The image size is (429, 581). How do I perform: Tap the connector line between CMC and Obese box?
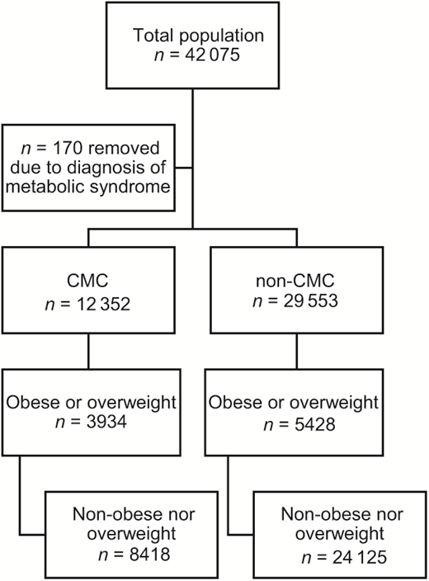(x=87, y=356)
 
